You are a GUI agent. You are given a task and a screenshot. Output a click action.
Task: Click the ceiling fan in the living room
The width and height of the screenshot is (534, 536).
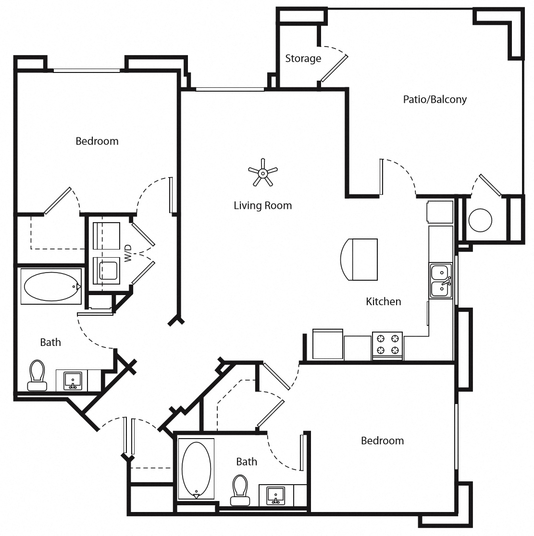[263, 172]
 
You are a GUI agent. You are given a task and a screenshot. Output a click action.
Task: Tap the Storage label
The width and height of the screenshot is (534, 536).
[303, 59]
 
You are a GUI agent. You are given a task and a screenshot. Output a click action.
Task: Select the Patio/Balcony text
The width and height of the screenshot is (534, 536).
[435, 99]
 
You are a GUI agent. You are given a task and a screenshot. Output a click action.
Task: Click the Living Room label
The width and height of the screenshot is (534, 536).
[262, 205]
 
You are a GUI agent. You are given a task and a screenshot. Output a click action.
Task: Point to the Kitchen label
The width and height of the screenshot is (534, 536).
[383, 301]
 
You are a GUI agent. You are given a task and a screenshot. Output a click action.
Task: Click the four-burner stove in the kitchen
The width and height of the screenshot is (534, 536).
[387, 344]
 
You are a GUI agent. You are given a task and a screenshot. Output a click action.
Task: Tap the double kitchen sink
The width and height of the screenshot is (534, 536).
[441, 281]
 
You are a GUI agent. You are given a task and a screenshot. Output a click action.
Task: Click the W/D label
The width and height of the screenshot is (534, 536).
[128, 253]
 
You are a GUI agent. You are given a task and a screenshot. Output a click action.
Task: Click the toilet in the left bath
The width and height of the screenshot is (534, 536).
[37, 376]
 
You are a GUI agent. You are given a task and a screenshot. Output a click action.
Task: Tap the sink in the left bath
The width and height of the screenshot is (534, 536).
[73, 381]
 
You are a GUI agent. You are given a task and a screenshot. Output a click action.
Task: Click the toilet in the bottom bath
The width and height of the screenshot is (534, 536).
[239, 490]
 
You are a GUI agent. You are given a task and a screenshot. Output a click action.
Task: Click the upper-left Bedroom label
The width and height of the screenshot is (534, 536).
[97, 141]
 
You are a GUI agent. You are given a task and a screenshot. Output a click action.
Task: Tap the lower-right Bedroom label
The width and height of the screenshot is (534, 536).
[382, 441]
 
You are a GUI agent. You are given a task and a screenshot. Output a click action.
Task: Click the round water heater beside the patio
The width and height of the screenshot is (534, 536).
[480, 220]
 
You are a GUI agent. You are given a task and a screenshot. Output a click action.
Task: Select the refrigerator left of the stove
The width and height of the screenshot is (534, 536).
[328, 344]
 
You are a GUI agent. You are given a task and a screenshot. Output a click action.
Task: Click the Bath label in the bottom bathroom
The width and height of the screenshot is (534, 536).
[246, 462]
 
